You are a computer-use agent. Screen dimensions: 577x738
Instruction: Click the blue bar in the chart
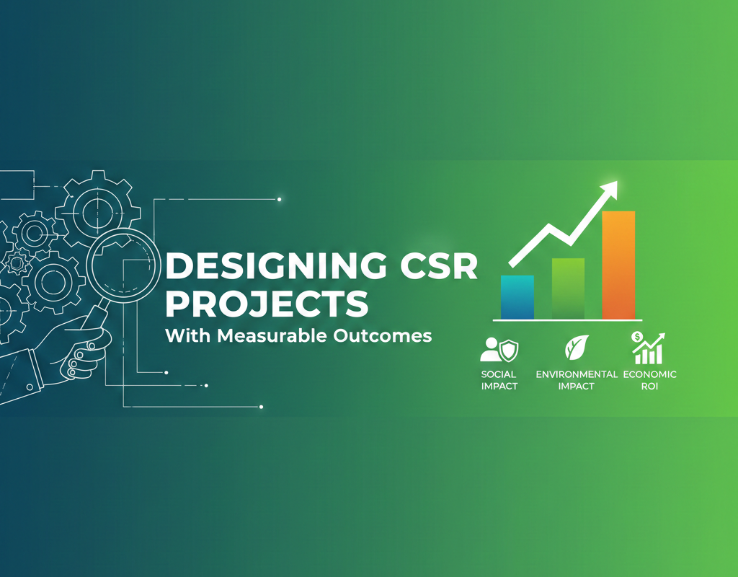517,296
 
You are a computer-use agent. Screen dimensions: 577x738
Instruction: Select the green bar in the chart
568,288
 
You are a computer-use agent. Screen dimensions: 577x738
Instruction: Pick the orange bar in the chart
618,264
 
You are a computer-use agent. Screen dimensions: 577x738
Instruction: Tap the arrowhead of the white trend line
610,189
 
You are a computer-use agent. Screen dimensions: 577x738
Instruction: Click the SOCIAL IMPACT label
499,380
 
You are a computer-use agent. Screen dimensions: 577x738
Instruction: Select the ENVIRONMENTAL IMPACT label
577,380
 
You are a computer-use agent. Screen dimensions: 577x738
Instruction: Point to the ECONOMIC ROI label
649,380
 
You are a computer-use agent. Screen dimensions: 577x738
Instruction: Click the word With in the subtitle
183,336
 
